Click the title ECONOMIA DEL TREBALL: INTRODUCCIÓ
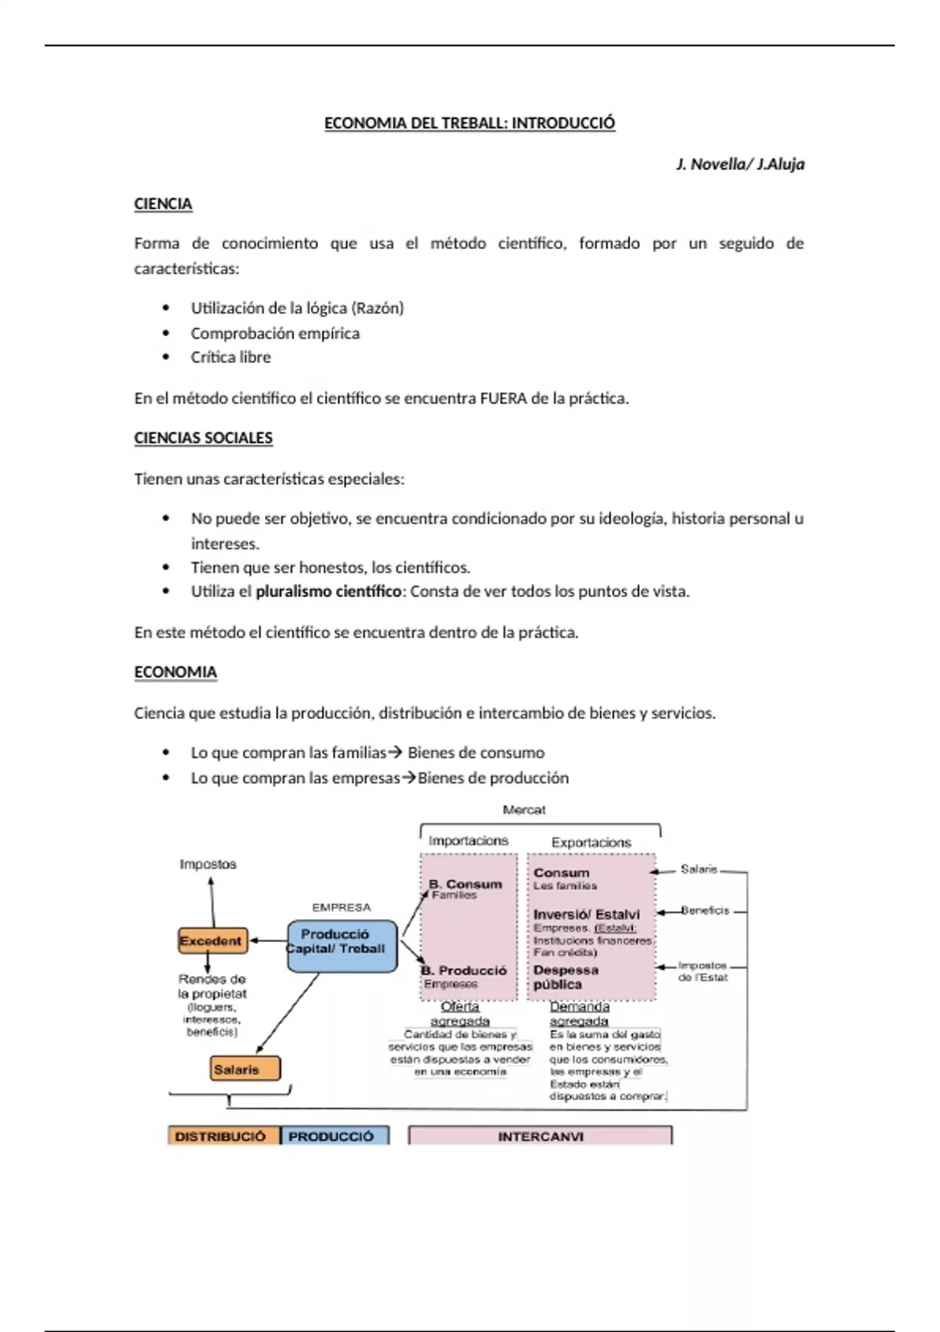pyautogui.click(x=469, y=123)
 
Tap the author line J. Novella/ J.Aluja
pyautogui.click(x=739, y=165)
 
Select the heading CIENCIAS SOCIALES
pyautogui.click(x=203, y=438)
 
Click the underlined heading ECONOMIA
pyautogui.click(x=175, y=672)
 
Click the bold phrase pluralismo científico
pyautogui.click(x=328, y=592)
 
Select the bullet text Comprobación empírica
pyautogui.click(x=275, y=333)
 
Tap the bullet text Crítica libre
pyautogui.click(x=230, y=357)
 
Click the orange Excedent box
pyautogui.click(x=211, y=941)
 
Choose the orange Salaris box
pyautogui.click(x=244, y=1069)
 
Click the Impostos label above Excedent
pyautogui.click(x=208, y=864)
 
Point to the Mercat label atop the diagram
pyautogui.click(x=524, y=809)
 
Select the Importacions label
pyautogui.click(x=468, y=841)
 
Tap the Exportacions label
pyautogui.click(x=591, y=842)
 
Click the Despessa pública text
pyautogui.click(x=566, y=977)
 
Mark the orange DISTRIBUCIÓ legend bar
pyautogui.click(x=222, y=1136)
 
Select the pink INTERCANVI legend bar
pyautogui.click(x=540, y=1136)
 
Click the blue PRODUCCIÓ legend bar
pyautogui.click(x=332, y=1136)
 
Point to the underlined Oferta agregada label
pyautogui.click(x=460, y=1013)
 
